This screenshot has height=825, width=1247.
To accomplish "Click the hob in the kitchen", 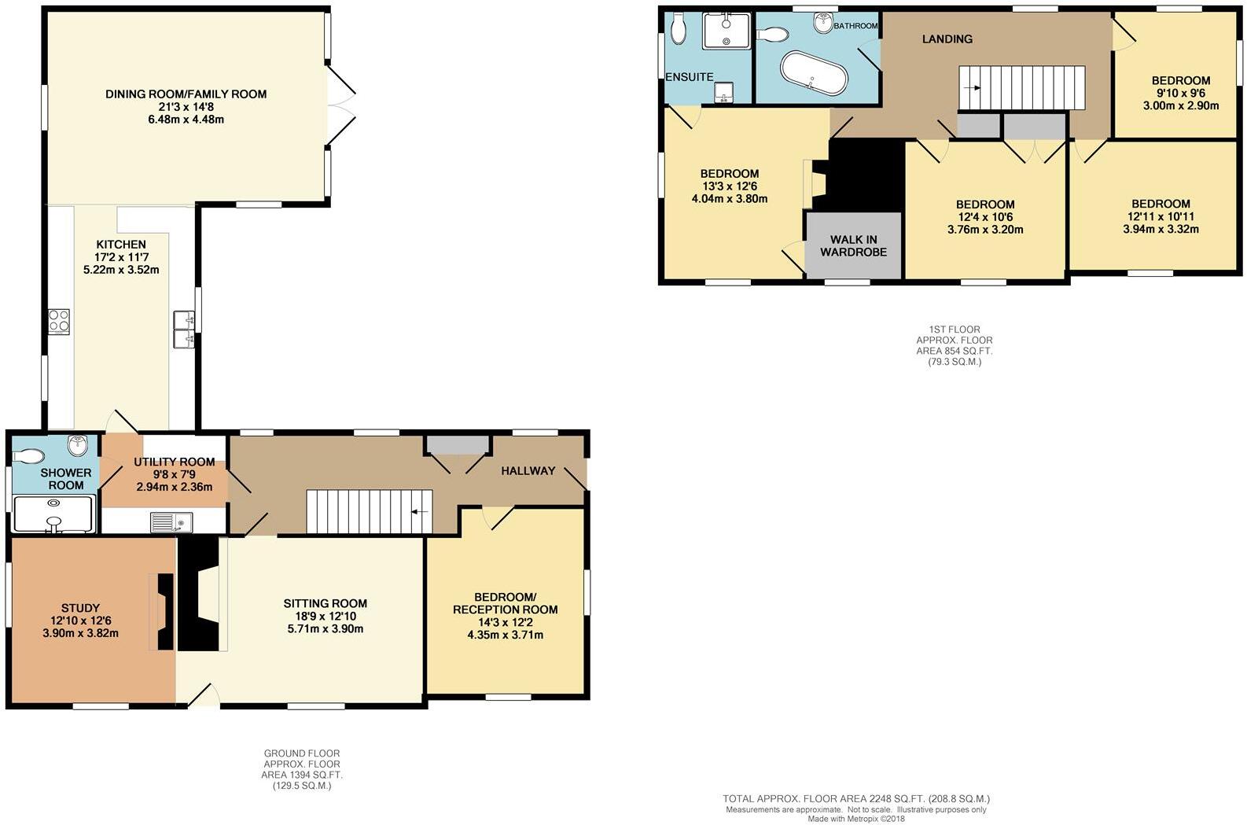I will pos(59,321).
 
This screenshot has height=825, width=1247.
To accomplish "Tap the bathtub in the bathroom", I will pos(815,73).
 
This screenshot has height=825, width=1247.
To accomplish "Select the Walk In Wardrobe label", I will pos(853,246).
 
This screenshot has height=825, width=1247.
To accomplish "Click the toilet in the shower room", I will pos(30,455).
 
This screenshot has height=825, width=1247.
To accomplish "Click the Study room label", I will pos(80,608).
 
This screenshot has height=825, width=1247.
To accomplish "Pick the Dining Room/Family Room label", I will pos(186,94).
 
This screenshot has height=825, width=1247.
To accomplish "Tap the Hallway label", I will pos(528,471).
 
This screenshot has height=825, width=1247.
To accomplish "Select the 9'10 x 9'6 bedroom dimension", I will pos(1180,93).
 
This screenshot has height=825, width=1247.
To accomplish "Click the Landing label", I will pos(947,39).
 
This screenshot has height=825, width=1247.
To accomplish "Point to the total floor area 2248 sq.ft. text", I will pos(856,798).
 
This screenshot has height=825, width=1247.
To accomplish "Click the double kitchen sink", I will pos(183,329).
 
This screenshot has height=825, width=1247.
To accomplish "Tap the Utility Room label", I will pos(174,462).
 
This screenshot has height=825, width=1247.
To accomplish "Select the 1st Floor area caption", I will pos(954,346).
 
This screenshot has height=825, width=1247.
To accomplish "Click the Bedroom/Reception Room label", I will pos(505,603).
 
